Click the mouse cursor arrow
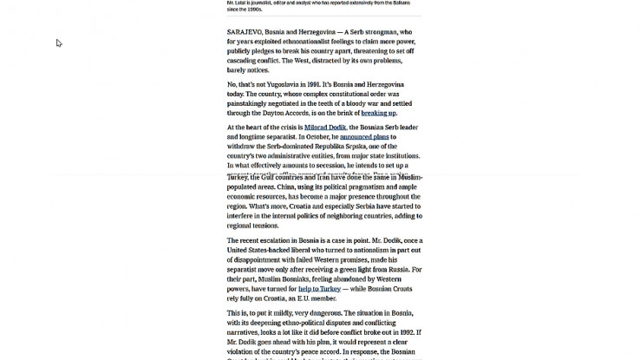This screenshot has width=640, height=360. (59, 43)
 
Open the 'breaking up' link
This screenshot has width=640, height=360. (379, 113)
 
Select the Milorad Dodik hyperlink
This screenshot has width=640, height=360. (325, 128)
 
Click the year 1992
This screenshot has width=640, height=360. (406, 331)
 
